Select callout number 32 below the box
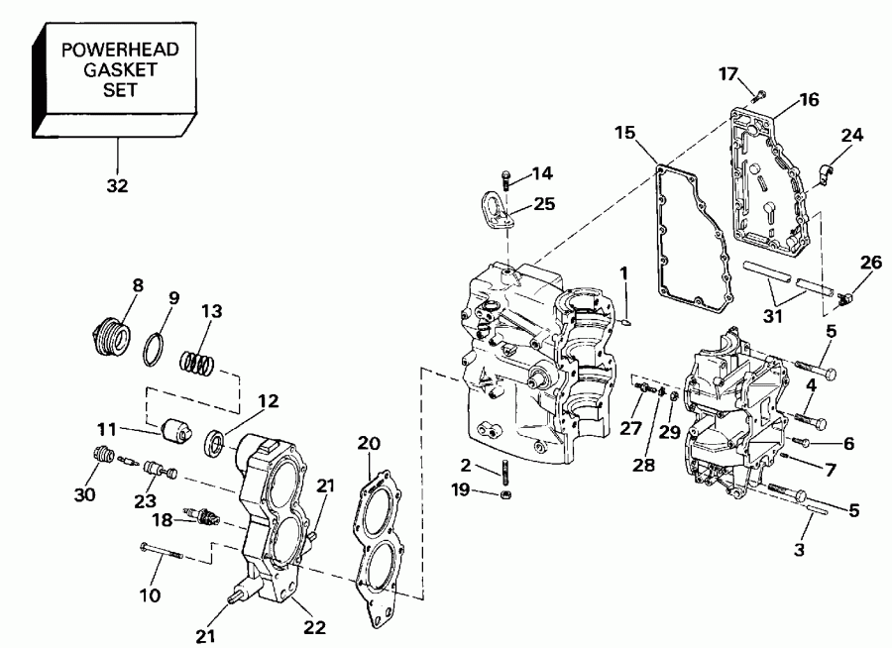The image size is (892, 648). (x=117, y=184)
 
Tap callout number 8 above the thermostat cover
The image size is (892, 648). (x=137, y=285)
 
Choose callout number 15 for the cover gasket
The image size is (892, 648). (x=623, y=133)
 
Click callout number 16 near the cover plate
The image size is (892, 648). (x=809, y=98)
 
